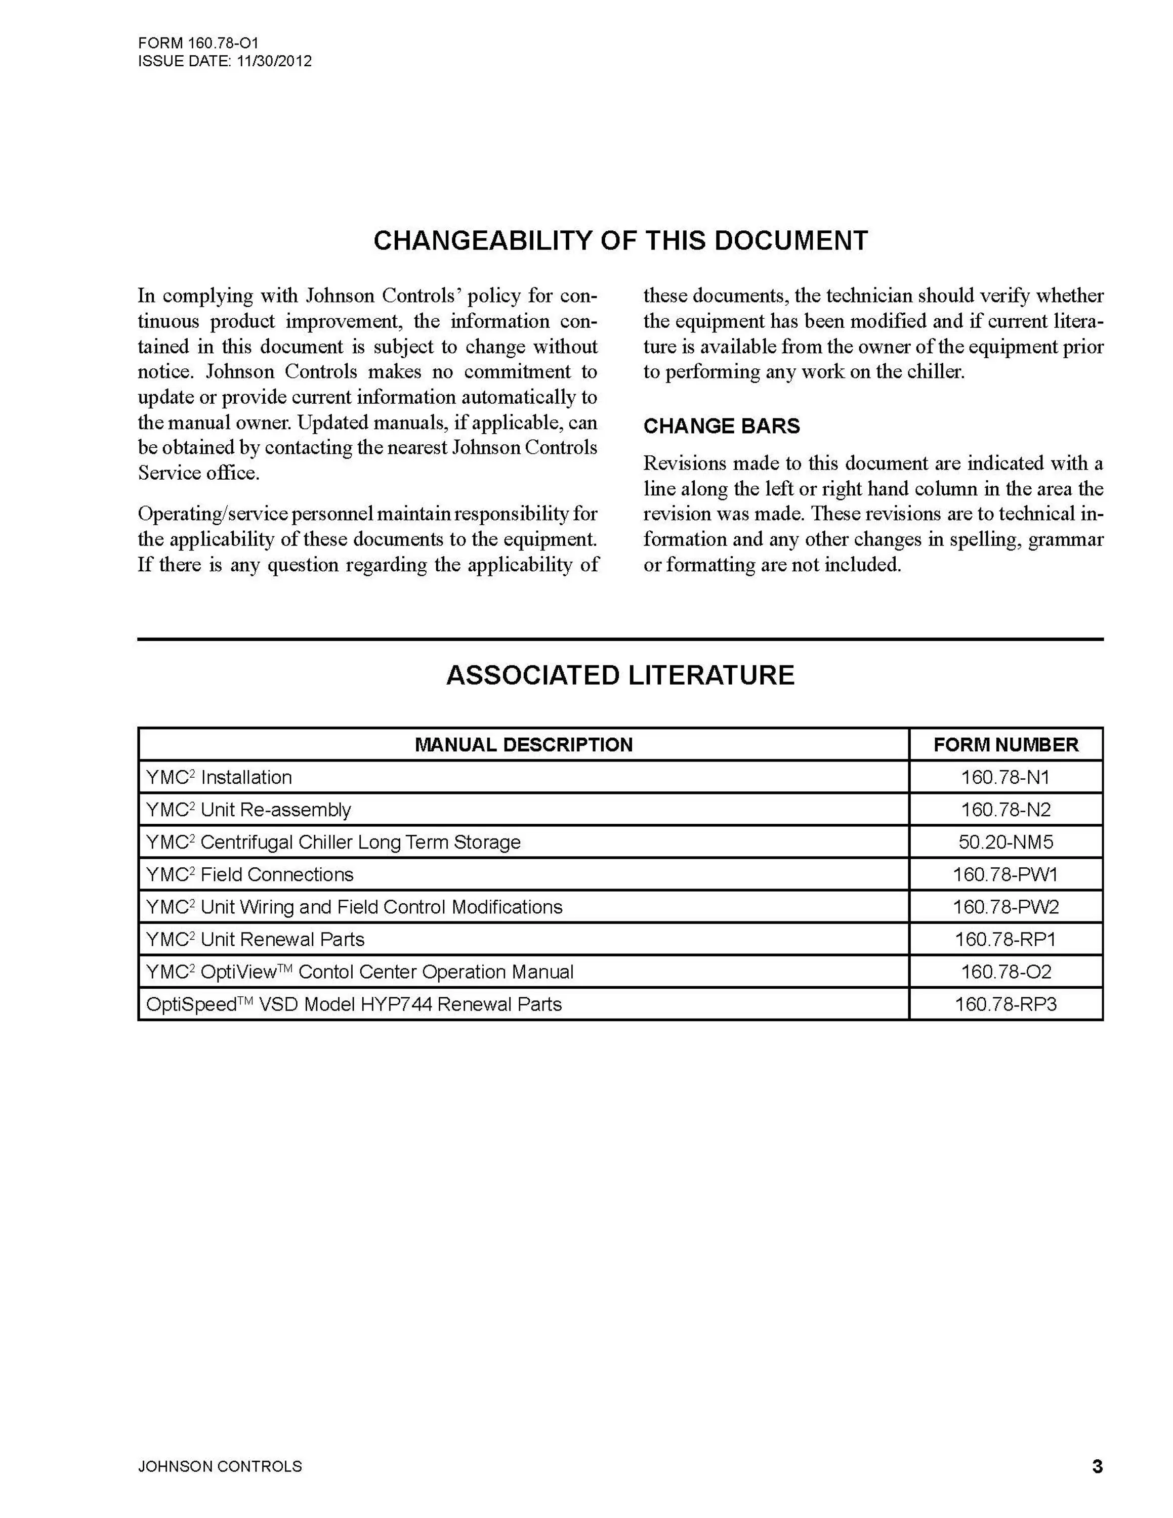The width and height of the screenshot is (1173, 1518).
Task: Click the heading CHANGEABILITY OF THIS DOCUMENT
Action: pyautogui.click(x=620, y=240)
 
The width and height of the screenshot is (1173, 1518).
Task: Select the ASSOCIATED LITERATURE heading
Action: pyautogui.click(x=620, y=676)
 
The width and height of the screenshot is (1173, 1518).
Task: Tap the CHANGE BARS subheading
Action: pyautogui.click(x=721, y=426)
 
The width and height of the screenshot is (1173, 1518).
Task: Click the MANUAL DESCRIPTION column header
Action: pyautogui.click(x=523, y=745)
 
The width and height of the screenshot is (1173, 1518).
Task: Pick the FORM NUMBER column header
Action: pyautogui.click(x=1006, y=745)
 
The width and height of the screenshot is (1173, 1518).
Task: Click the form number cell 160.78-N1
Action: pyautogui.click(x=1005, y=777)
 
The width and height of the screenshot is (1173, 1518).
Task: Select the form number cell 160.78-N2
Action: pyautogui.click(x=1005, y=810)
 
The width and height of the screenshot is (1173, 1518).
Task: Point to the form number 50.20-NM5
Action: pyautogui.click(x=1005, y=842)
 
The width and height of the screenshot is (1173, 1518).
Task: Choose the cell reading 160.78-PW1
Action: pyautogui.click(x=1005, y=874)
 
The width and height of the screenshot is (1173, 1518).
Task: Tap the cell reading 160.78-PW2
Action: pyautogui.click(x=1005, y=907)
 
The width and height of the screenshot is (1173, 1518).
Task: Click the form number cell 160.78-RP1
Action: pyautogui.click(x=1005, y=940)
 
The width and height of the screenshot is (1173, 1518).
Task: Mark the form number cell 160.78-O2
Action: pyautogui.click(x=1005, y=972)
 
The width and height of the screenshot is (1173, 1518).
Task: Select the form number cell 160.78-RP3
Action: pyautogui.click(x=1005, y=1004)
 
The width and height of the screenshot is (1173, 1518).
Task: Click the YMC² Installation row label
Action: pyautogui.click(x=219, y=777)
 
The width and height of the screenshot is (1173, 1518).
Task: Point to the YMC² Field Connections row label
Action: pyautogui.click(x=249, y=874)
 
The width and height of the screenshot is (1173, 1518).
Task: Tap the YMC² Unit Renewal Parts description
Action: pyautogui.click(x=255, y=940)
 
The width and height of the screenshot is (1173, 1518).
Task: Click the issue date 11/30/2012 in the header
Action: pyautogui.click(x=274, y=61)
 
